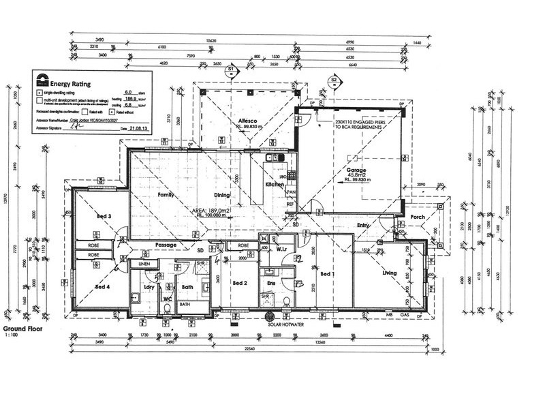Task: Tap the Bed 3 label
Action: tap(104, 216)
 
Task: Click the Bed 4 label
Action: tap(104, 287)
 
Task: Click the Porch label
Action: tap(419, 217)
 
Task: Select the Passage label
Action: tap(166, 243)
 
